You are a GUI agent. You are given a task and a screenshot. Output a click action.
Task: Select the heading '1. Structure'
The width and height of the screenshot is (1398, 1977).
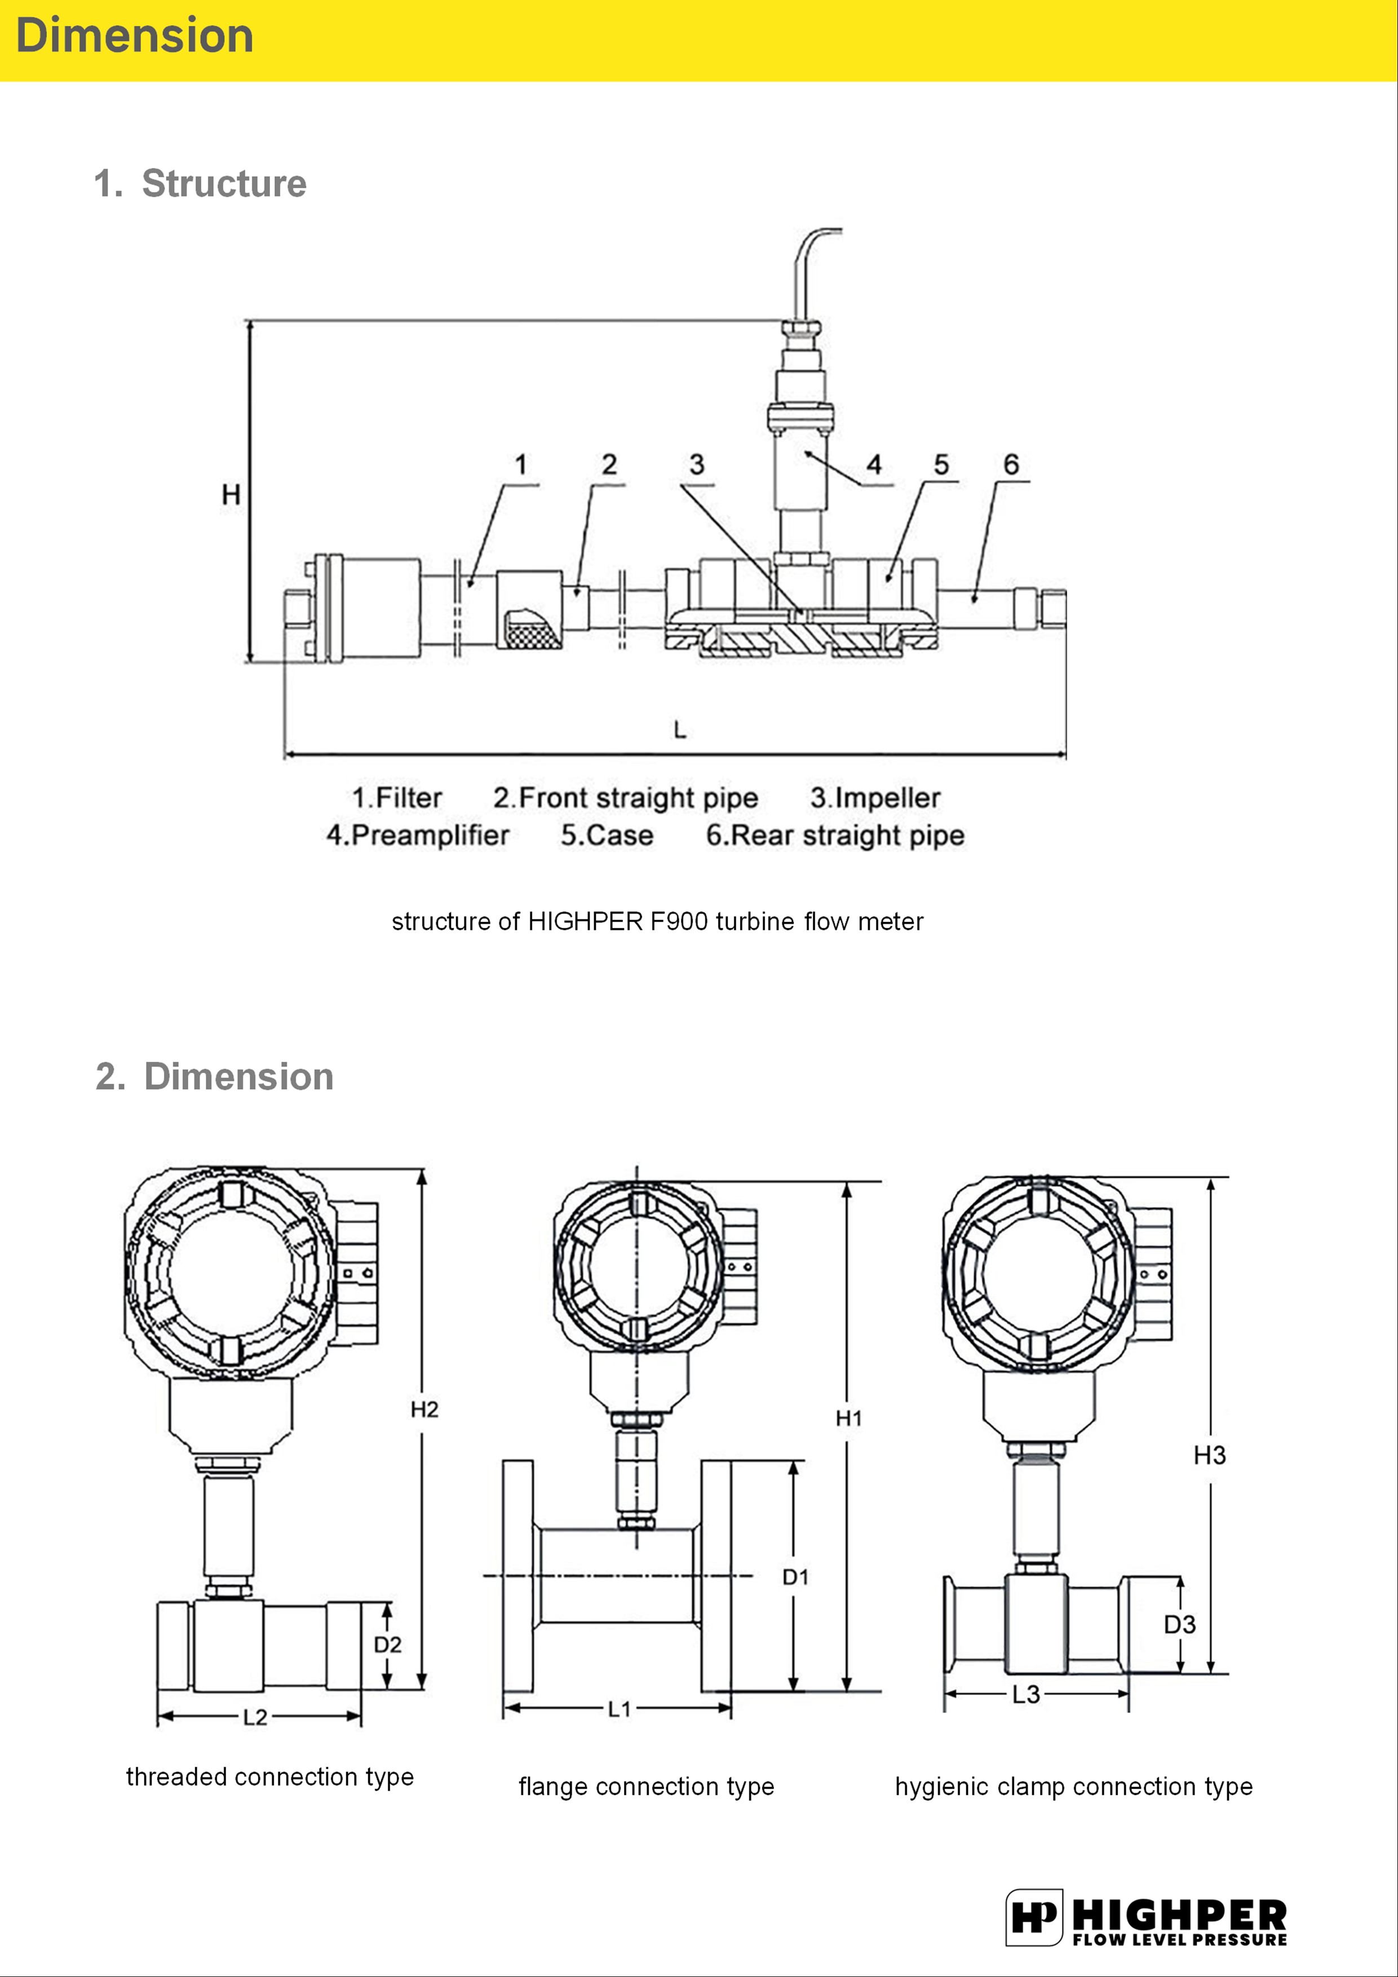pos(200,183)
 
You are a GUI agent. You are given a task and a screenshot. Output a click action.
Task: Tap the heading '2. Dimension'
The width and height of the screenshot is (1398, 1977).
pos(214,1076)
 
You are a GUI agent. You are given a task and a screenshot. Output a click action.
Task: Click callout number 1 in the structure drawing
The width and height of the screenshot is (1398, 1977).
pos(521,465)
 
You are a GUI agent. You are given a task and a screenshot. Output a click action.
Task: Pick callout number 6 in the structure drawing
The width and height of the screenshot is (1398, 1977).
pos(1011,465)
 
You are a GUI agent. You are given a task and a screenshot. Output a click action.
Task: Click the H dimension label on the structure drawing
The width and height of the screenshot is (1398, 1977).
pos(231,494)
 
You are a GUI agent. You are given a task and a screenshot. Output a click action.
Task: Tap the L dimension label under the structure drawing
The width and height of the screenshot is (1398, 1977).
pos(680,730)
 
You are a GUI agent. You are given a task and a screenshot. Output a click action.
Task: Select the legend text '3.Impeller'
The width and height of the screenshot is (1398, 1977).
pos(875,797)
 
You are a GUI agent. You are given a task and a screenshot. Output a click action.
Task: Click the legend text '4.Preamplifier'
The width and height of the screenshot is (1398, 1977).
pos(418,835)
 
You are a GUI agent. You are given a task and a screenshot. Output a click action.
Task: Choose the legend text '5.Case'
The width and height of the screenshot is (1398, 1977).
pos(607,835)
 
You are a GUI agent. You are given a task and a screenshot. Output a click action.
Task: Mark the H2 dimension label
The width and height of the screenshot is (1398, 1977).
pos(424,1409)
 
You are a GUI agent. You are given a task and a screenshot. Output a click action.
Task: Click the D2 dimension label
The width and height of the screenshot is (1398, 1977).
pos(388,1644)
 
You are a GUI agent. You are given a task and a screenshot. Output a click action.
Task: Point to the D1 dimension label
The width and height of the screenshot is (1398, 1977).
pos(795,1577)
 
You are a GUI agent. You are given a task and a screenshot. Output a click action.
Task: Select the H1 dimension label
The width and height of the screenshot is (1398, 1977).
pos(848,1418)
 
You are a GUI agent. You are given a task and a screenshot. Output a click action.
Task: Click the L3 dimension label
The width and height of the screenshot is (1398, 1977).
pos(1026,1695)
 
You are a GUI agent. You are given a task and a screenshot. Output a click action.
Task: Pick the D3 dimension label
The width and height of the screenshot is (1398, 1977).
pos(1180,1625)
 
